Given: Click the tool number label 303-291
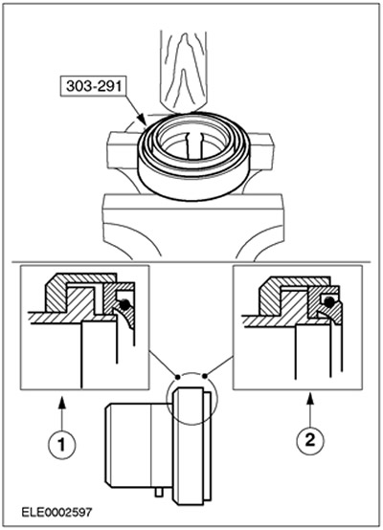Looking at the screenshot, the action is click(94, 86).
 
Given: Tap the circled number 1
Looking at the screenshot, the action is click(61, 444).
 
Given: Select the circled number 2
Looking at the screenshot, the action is click(310, 440).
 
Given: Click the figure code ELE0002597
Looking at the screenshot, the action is click(56, 513).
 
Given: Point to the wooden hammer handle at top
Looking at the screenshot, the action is click(183, 71).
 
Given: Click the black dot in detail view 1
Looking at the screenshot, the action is click(124, 304).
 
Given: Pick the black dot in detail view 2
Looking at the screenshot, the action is click(327, 302).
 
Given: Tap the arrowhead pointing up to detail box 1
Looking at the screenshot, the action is click(61, 402).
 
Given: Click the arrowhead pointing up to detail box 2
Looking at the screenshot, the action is click(310, 399).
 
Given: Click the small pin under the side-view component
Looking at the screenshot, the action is click(158, 493).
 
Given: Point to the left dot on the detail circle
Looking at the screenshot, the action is click(176, 376).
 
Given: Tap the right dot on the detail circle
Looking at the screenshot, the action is click(205, 375).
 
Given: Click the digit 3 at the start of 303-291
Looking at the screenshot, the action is click(70, 86).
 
